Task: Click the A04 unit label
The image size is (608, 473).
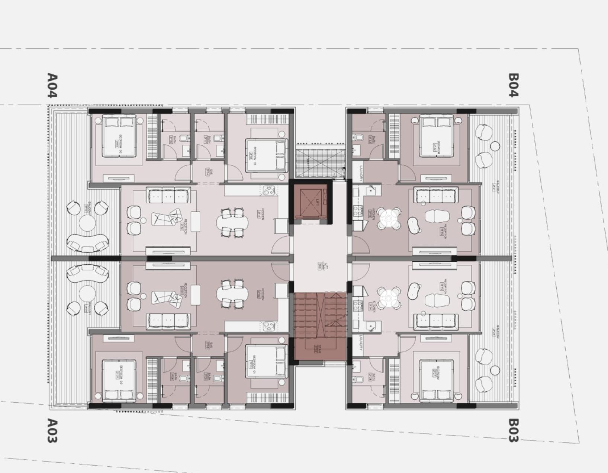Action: pyautogui.click(x=52, y=86)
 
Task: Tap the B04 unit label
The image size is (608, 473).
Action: pyautogui.click(x=513, y=85)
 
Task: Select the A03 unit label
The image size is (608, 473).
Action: pyautogui.click(x=52, y=431)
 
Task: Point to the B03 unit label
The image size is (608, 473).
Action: pyautogui.click(x=513, y=431)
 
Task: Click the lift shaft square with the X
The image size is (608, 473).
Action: pyautogui.click(x=311, y=202)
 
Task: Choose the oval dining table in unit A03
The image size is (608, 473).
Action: pyautogui.click(x=232, y=294)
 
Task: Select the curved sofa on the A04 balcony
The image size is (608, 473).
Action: pyautogui.click(x=88, y=243)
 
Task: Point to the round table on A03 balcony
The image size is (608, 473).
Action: pyautogui.click(x=87, y=294)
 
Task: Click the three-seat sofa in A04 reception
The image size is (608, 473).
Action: pyautogui.click(x=168, y=196)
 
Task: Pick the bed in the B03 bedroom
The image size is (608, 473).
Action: pyautogui.click(x=436, y=380)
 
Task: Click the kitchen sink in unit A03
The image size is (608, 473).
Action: pyautogui.click(x=268, y=326)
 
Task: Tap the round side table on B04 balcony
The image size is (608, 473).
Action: pyautogui.click(x=495, y=146)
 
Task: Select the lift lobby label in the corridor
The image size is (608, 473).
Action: pyautogui.click(x=320, y=266)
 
